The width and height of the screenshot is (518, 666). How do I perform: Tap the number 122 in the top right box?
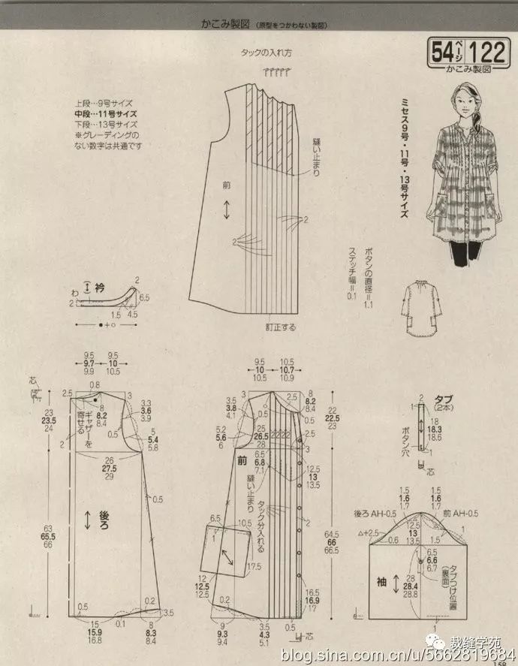(488, 52)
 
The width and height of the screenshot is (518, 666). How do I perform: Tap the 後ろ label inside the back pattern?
(104, 520)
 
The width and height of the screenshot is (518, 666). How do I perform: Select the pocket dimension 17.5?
(254, 565)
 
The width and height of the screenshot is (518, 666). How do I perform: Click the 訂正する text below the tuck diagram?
(279, 327)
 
